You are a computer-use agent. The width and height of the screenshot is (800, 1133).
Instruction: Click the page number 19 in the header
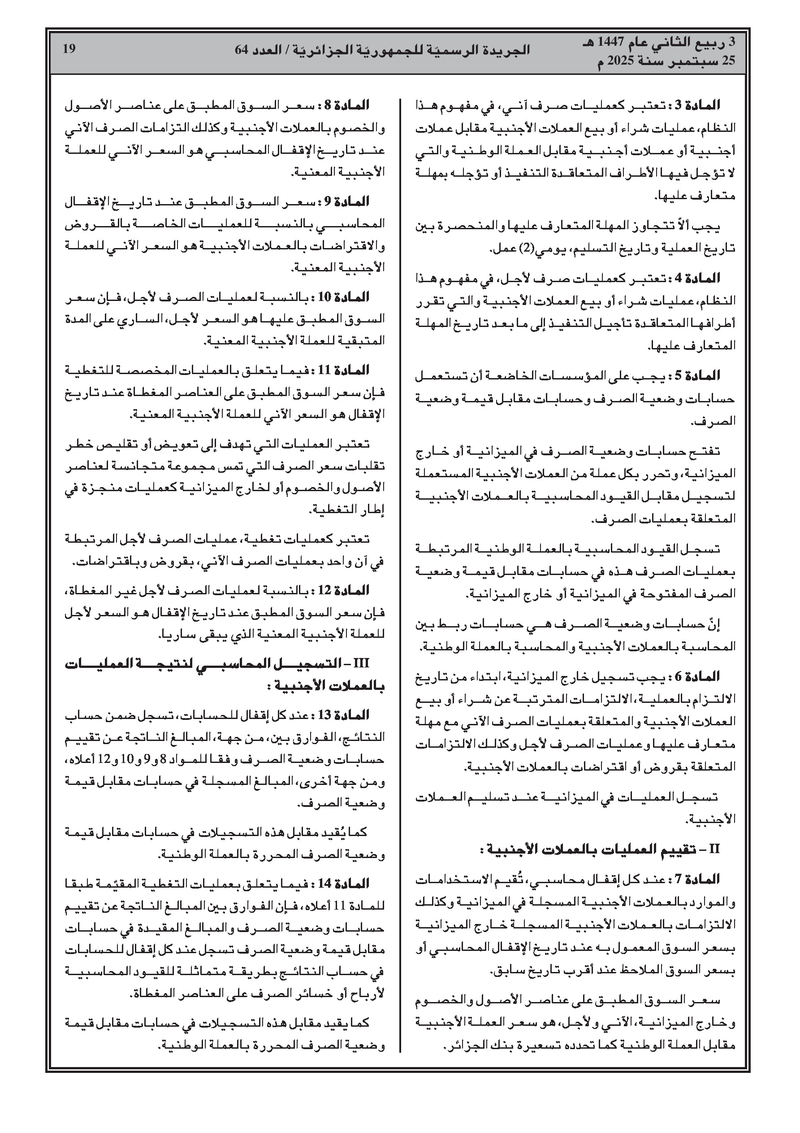click(x=69, y=49)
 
